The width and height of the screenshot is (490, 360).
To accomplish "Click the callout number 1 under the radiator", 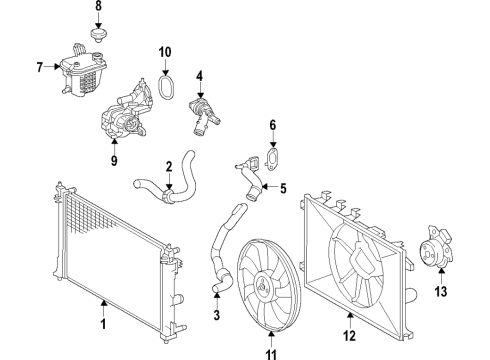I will (103, 325).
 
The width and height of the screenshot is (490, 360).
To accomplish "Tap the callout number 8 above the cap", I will (98, 8).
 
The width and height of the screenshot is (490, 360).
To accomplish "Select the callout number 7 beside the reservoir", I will (39, 67).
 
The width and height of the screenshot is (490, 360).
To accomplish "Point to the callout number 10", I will (165, 51).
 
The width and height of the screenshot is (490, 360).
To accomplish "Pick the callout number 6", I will (271, 125).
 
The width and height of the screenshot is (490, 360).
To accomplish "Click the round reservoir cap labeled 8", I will (98, 36).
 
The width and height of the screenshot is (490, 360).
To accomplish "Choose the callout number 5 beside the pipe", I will (284, 187).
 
